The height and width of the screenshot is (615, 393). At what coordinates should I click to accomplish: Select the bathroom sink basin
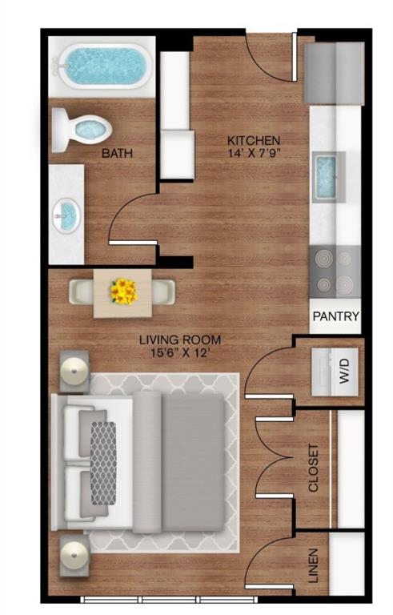68,214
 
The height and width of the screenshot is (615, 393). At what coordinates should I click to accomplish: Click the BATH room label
117,153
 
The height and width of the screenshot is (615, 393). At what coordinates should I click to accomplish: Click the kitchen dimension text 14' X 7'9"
255,154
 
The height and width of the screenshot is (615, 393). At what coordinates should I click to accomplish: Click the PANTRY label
336,317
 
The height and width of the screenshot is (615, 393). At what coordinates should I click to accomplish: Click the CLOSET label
313,468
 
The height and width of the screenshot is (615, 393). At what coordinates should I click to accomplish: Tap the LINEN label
313,565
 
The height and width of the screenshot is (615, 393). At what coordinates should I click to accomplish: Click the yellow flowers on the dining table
123,291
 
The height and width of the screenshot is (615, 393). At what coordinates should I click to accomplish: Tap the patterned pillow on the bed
102,462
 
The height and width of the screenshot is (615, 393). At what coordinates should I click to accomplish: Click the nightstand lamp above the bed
74,370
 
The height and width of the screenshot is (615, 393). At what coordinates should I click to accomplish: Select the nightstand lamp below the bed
74,553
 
